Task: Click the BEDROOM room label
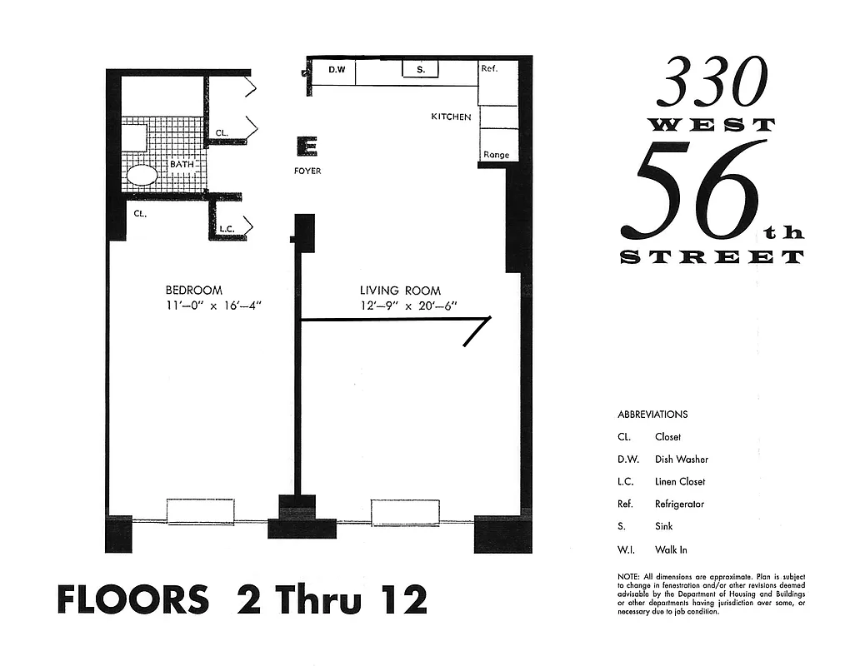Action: pyautogui.click(x=193, y=291)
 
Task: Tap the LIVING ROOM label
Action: pyautogui.click(x=400, y=291)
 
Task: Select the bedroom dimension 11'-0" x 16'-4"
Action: pyautogui.click(x=213, y=305)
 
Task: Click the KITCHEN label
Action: pyautogui.click(x=451, y=117)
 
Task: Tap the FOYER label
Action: pyautogui.click(x=307, y=171)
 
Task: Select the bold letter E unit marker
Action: pyautogui.click(x=307, y=147)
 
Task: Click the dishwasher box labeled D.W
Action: pyautogui.click(x=337, y=70)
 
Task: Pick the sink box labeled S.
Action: pyautogui.click(x=421, y=70)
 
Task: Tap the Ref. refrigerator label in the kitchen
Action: pyautogui.click(x=489, y=68)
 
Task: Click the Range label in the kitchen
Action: pyautogui.click(x=496, y=155)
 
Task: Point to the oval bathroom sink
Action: pyautogui.click(x=142, y=175)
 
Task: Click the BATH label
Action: pyautogui.click(x=182, y=164)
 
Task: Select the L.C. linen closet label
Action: pyautogui.click(x=226, y=228)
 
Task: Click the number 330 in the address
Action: pyautogui.click(x=711, y=82)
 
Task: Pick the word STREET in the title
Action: pyautogui.click(x=712, y=257)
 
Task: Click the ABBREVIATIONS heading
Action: pyautogui.click(x=652, y=415)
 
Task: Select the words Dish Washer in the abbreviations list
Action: pyautogui.click(x=682, y=460)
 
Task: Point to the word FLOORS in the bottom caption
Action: pyautogui.click(x=133, y=599)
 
